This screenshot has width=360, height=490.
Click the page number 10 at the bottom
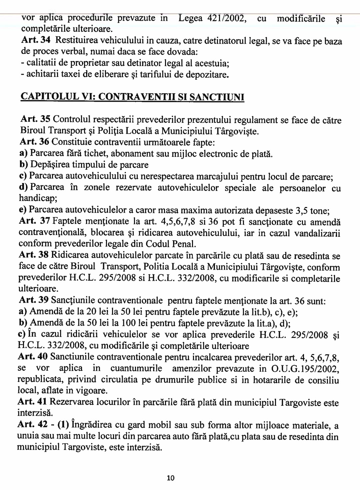170,478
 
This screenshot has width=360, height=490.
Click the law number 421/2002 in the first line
212,18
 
